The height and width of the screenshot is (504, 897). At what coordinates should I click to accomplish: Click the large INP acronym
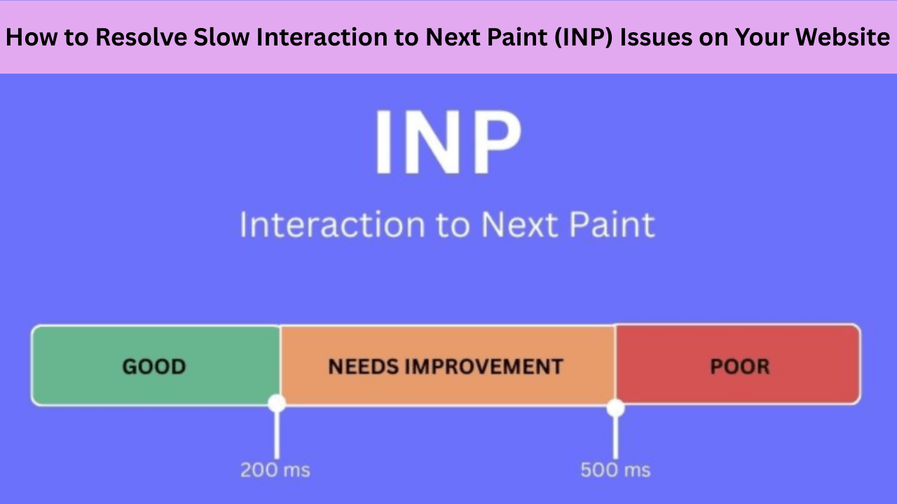pos(448,142)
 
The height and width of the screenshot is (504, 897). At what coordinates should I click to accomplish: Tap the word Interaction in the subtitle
pos(331,225)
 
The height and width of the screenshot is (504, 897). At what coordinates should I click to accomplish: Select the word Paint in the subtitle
pos(603,225)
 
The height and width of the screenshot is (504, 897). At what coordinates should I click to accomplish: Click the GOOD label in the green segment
pos(154,366)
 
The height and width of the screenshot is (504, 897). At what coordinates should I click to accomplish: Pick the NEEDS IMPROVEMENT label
pos(446,366)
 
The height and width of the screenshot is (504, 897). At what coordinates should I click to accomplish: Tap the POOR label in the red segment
pos(740,366)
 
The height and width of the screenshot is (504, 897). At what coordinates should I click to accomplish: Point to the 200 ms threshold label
pos(275,470)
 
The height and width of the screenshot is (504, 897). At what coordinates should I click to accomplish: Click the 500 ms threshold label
pos(615,470)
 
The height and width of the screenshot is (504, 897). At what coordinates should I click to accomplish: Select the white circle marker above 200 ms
pos(277,403)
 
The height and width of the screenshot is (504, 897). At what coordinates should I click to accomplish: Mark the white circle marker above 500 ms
pos(615,407)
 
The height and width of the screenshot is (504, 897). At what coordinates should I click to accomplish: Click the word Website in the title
pos(849,37)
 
